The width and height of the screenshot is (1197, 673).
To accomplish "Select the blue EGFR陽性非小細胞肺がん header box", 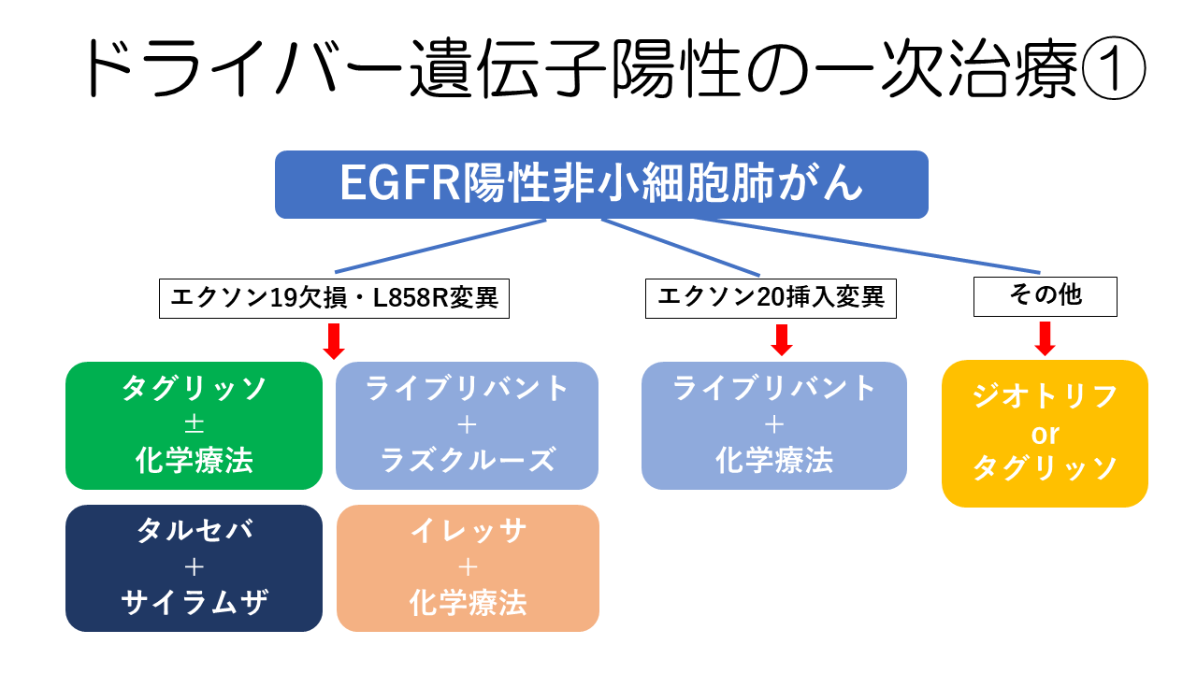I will pos(601,185).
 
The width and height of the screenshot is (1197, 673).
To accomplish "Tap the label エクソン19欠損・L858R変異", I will pos(334,299).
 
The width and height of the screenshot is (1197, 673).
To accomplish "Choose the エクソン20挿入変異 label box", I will pos(772,298).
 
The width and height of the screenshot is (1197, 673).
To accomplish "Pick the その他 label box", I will pos(1046,296).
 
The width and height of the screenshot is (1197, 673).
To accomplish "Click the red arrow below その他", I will pos(1046,338).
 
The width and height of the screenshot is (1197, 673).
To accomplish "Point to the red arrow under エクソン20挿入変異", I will pos(782,339).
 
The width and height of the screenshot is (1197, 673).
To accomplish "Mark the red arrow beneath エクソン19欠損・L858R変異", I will pos(334,340).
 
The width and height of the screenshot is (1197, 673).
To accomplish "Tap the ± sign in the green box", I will pos(195,425).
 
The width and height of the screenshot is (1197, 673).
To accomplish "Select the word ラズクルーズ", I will pos(468,460).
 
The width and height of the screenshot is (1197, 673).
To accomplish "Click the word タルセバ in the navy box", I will pos(195,531).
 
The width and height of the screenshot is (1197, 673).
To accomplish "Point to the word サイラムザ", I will pos(195,603).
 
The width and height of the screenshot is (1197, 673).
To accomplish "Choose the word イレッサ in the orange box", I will pos(468,531).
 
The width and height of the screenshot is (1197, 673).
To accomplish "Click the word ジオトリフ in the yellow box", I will pos(1045,397).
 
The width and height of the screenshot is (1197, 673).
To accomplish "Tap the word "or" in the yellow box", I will pos(1045,435).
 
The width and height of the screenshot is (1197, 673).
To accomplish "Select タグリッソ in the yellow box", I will pos(1045,468).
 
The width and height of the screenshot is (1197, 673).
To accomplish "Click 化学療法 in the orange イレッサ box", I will pos(468,603).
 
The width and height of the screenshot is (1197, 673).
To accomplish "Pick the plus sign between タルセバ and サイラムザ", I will pos(195,567).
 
